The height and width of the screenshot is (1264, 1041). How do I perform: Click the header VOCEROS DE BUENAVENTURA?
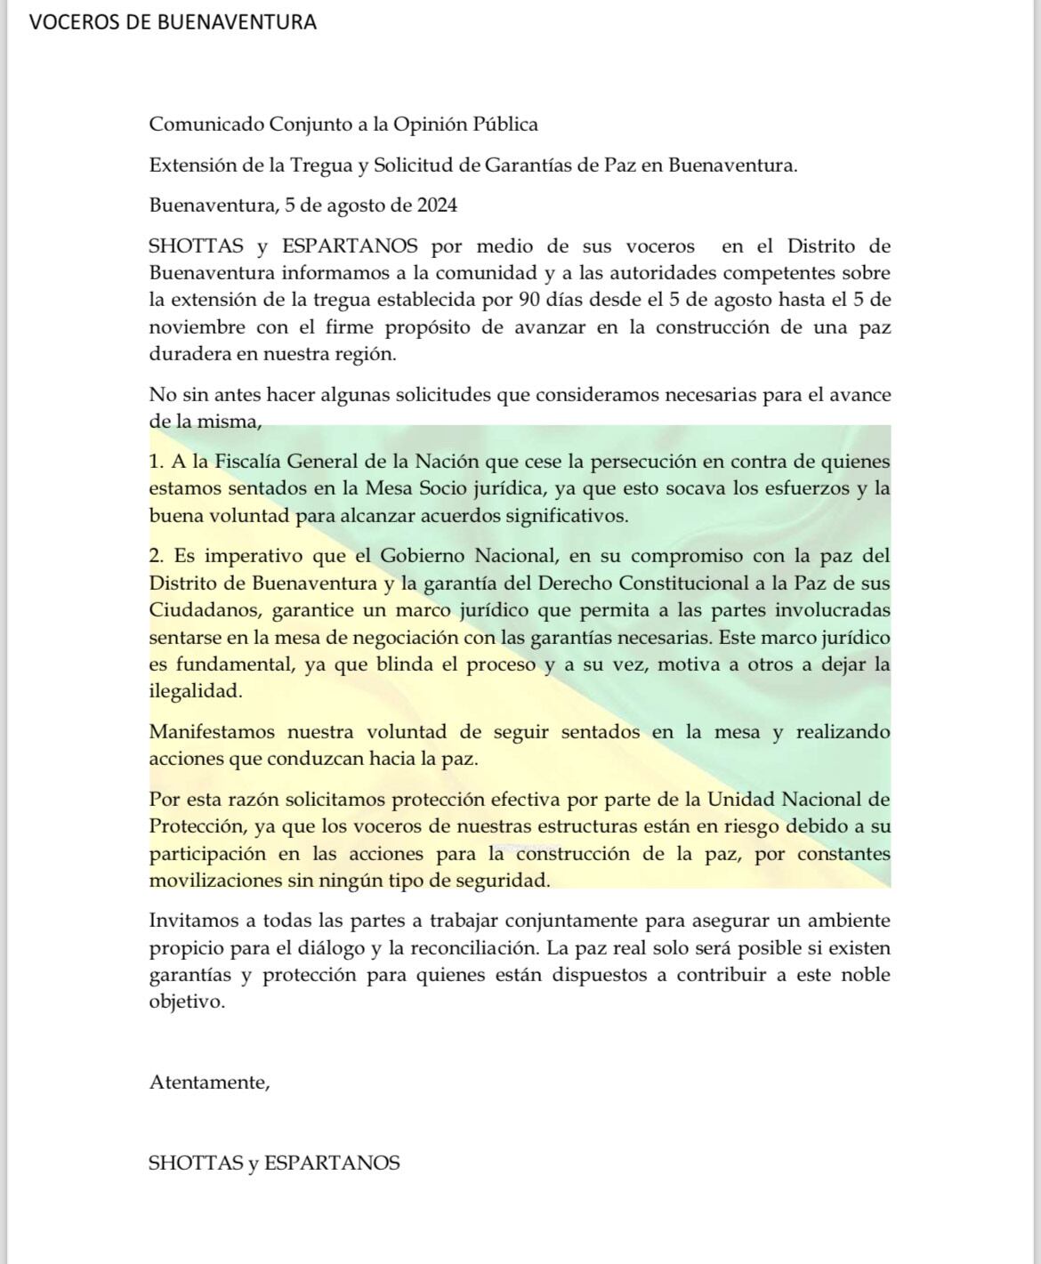tap(173, 22)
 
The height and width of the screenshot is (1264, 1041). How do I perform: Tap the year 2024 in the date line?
tap(437, 205)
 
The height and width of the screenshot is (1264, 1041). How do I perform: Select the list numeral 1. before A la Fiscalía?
tap(157, 462)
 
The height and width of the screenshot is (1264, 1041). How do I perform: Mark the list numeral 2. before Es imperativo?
tap(157, 557)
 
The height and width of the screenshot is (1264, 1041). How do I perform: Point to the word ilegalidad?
tap(194, 691)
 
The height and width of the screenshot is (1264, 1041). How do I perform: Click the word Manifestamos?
tap(212, 733)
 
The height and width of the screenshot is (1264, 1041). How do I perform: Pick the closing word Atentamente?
tap(208, 1083)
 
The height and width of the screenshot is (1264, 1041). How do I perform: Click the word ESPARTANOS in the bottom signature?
tap(332, 1163)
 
